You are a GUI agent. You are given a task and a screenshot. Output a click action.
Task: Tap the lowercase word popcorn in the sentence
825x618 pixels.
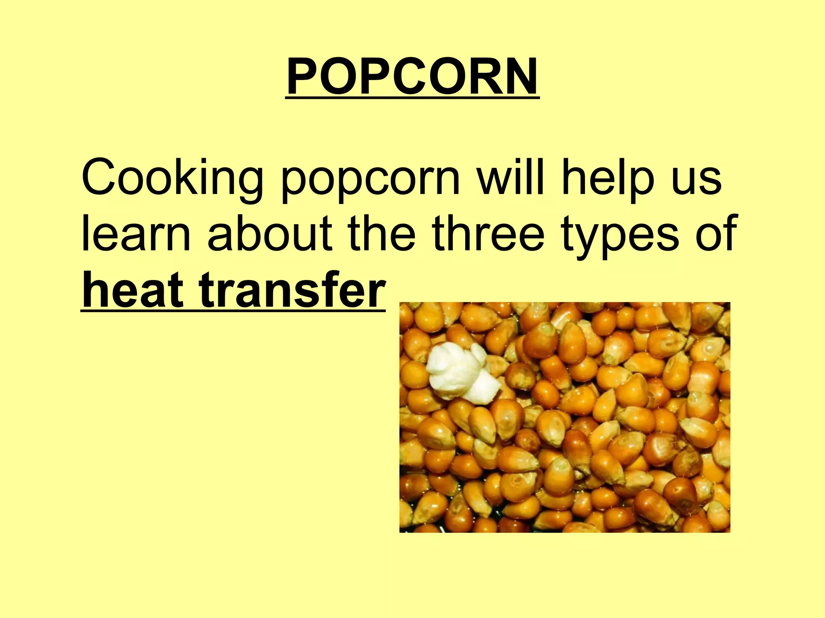(x=370, y=181)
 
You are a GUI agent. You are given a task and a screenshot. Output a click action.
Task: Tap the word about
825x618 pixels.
(x=269, y=233)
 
